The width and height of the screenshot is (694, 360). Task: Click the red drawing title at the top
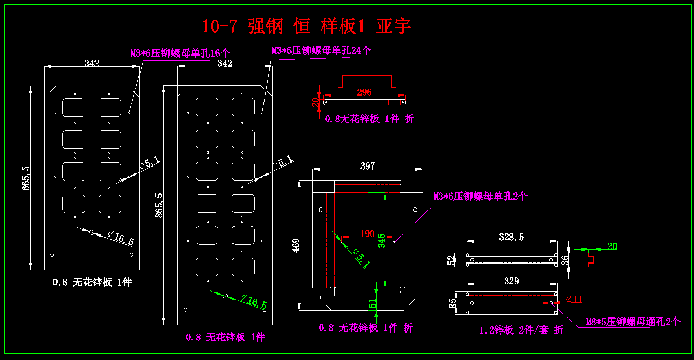tap(306, 26)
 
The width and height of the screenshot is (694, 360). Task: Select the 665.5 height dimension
tap(25, 178)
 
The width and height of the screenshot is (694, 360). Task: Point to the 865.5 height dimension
tap(159, 205)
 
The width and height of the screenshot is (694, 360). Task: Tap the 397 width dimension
tap(367, 166)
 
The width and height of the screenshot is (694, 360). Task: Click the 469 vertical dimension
tap(296, 245)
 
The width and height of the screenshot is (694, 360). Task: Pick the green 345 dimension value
tap(382, 241)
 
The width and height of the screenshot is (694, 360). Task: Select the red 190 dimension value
tap(367, 233)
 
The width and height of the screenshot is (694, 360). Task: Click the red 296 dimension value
tap(365, 92)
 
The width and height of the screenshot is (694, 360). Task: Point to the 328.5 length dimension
tap(511, 237)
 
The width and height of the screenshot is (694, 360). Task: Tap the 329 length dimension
tap(511, 281)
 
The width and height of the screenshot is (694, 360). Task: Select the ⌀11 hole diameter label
tap(574, 300)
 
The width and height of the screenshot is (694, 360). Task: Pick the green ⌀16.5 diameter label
tap(254, 301)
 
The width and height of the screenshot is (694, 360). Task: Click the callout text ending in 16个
tap(179, 53)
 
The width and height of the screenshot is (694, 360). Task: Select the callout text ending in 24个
tap(321, 50)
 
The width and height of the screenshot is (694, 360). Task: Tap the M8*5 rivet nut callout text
tap(632, 322)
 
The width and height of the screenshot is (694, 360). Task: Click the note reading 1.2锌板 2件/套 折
tap(521, 330)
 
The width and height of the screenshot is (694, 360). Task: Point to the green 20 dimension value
tap(612, 246)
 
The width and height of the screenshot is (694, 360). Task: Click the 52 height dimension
tap(450, 259)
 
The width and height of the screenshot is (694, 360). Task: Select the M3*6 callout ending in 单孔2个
tap(480, 197)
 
